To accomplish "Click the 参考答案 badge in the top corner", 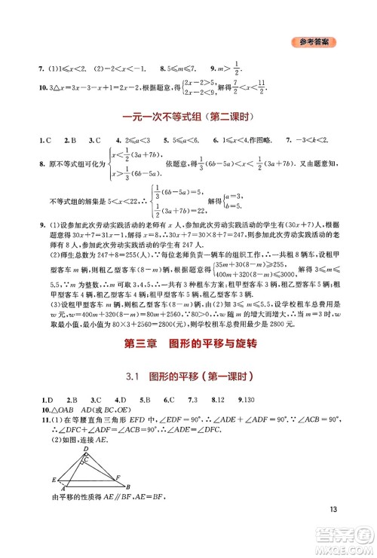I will tap(314, 42).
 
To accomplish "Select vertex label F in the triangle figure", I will tap(118, 476).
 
